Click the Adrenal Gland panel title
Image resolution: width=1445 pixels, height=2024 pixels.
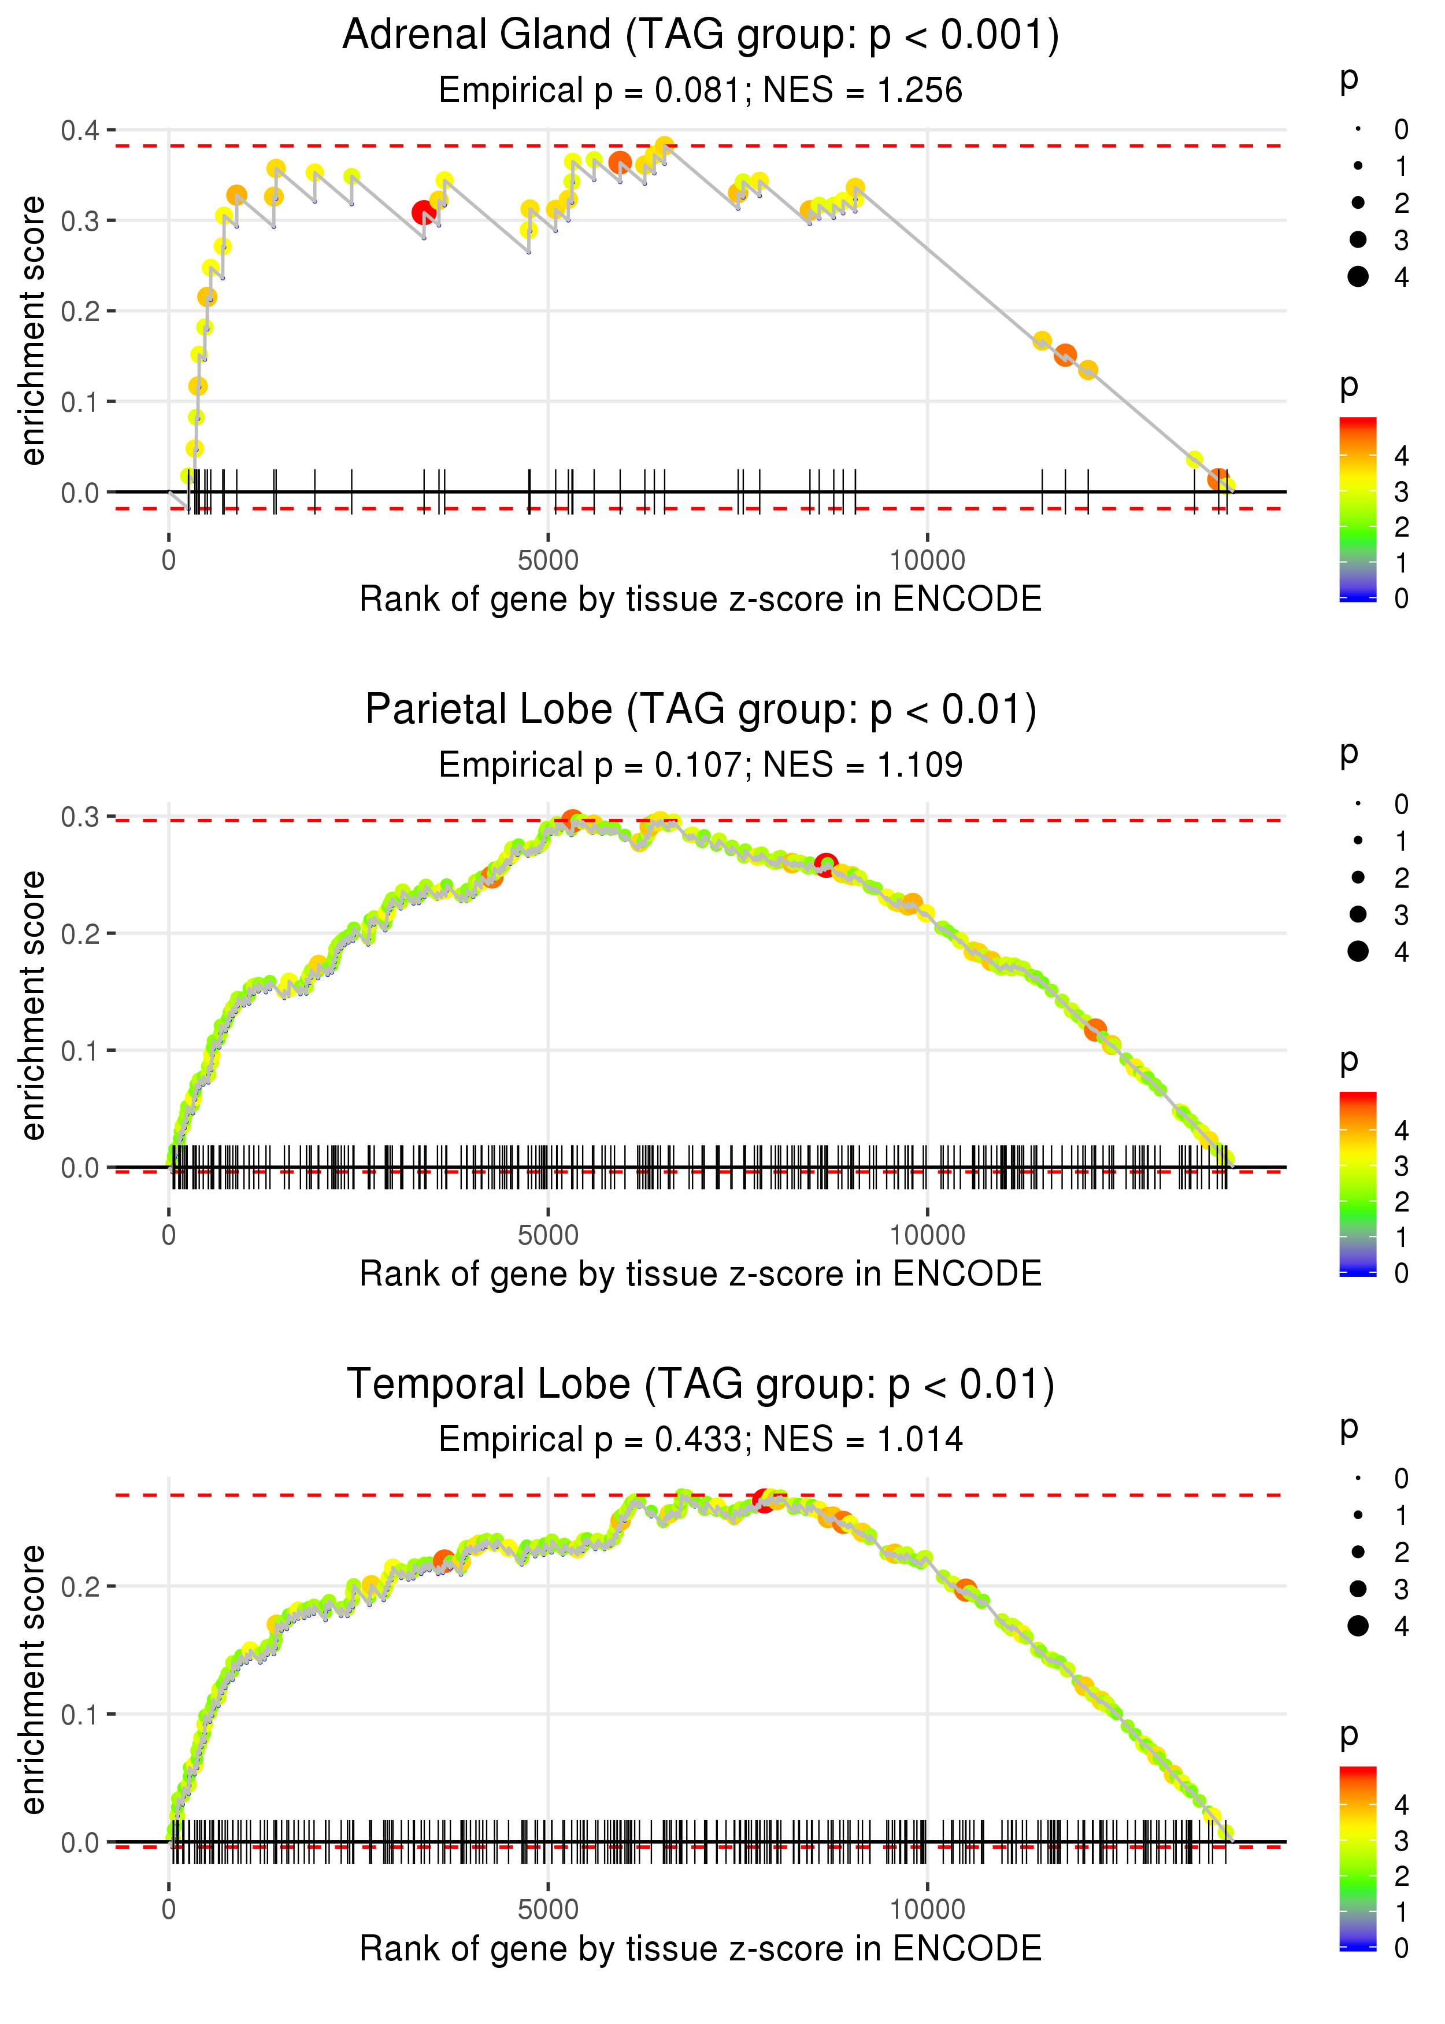[701, 36]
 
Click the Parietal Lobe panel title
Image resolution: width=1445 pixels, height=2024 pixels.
[701, 710]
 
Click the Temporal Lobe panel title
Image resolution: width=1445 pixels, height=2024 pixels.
[701, 1385]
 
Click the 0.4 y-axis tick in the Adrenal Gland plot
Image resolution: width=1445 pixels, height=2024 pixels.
[80, 131]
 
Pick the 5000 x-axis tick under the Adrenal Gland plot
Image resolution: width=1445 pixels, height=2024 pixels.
[548, 561]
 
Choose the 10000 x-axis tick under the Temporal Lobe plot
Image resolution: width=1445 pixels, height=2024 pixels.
[927, 1910]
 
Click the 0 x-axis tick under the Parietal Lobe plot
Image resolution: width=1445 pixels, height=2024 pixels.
[169, 1235]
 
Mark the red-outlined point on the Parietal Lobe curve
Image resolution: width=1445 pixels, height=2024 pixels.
[826, 865]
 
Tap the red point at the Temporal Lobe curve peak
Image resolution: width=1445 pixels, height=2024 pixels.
[764, 1499]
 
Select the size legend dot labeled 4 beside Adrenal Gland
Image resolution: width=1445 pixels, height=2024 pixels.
[1358, 277]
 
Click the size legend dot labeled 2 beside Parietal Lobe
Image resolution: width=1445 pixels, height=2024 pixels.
[1358, 878]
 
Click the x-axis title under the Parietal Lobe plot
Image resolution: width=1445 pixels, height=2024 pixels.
[701, 1274]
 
